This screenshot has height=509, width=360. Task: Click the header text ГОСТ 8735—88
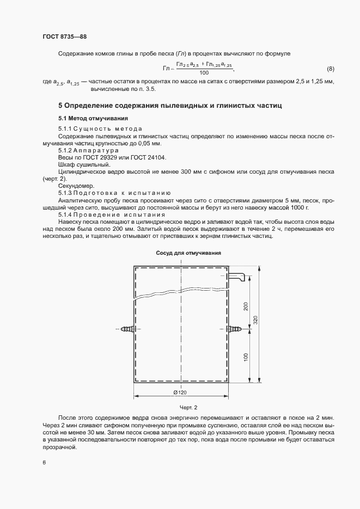pos(65,36)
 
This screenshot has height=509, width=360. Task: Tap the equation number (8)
pos(330,69)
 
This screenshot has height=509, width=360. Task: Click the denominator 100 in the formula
pos(204,73)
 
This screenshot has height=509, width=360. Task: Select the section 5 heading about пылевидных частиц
pos(170,105)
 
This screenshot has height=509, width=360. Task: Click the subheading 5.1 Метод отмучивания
pos(93,118)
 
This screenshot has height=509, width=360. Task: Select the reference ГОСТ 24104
pos(145,157)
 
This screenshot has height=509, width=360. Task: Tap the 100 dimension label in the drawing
pos(246,357)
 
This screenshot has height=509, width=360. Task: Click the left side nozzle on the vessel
pos(127,329)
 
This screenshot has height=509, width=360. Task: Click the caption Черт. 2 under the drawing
pos(188,407)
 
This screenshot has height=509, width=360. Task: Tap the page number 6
pos(44,463)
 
